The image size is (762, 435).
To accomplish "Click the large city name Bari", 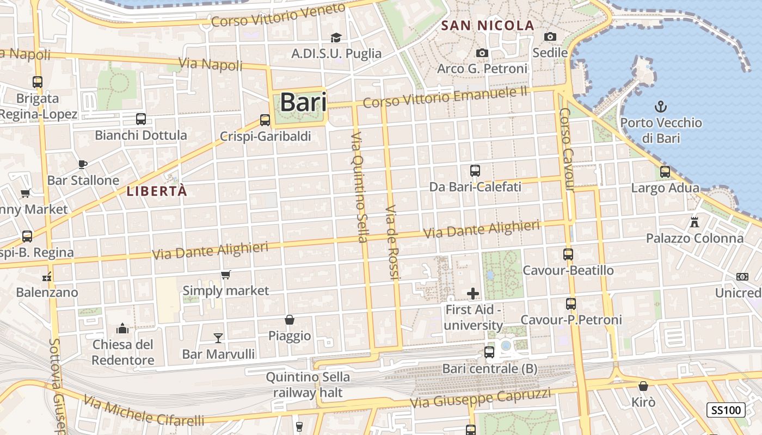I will (303, 102).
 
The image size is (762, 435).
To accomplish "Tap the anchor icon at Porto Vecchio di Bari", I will (660, 106).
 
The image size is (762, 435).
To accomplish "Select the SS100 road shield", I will (726, 410).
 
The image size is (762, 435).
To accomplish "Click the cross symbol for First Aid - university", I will (473, 294).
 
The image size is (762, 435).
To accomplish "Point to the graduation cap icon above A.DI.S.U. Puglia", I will (336, 38).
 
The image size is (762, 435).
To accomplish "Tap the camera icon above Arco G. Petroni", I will (482, 53).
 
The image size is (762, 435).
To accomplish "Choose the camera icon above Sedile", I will (550, 36).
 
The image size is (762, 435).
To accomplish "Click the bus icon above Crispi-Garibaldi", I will (265, 120).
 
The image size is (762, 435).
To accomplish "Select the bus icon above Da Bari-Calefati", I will (475, 171).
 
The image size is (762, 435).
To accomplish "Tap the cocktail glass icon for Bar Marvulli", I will (218, 338).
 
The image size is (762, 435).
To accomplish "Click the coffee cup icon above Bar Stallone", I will (82, 164).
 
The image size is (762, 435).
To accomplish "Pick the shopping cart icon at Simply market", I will (225, 275).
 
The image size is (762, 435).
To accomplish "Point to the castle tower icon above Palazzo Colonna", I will (694, 222).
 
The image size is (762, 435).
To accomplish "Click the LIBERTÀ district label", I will (157, 191).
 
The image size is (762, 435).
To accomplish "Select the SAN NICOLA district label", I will (488, 25).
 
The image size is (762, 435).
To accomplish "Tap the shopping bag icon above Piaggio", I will (290, 320).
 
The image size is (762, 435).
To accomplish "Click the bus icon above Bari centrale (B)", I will (489, 352).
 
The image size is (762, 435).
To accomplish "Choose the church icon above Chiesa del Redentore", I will (122, 328).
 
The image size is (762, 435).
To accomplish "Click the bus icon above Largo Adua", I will (665, 172).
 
